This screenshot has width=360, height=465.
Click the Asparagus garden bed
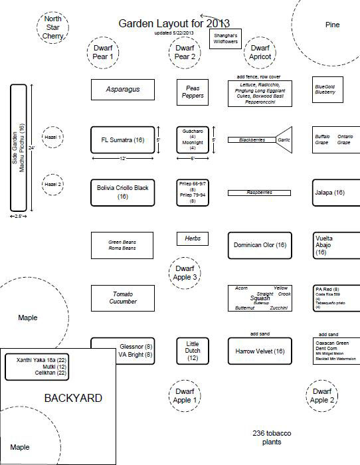point(123,90)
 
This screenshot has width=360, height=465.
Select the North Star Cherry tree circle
point(52,27)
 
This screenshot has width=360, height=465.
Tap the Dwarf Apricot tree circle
point(260,52)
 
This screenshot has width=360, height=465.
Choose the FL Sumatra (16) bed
point(123,140)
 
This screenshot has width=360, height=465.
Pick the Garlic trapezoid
point(284,140)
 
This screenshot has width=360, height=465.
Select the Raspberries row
point(260,193)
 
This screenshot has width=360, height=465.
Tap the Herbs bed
point(193,238)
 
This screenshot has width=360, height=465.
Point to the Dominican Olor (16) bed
point(260,245)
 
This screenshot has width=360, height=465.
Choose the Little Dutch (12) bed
point(193,350)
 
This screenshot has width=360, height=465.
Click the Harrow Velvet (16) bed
point(260,351)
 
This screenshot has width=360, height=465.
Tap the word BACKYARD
point(73,398)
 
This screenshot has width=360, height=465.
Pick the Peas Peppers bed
point(193,92)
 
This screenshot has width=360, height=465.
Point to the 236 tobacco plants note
point(272,437)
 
